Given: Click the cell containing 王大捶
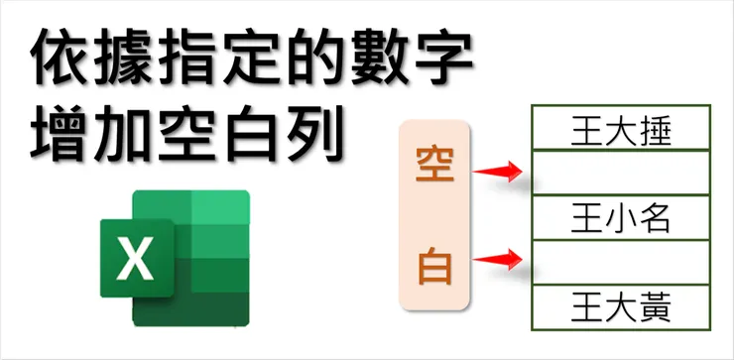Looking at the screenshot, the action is click(622, 129).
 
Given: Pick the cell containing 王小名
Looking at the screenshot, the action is click(622, 218).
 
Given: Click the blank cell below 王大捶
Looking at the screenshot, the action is click(622, 174).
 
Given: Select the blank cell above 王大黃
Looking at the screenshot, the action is click(622, 262).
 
